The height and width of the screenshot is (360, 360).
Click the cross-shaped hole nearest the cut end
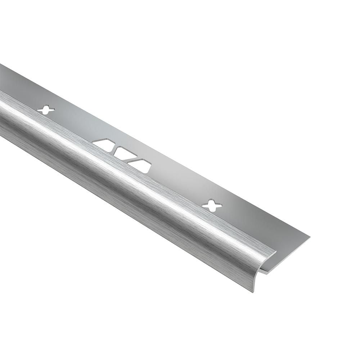(x=212, y=205)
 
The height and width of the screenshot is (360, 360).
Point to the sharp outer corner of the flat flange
(x=309, y=237)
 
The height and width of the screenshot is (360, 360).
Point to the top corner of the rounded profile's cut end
(x=276, y=252)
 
